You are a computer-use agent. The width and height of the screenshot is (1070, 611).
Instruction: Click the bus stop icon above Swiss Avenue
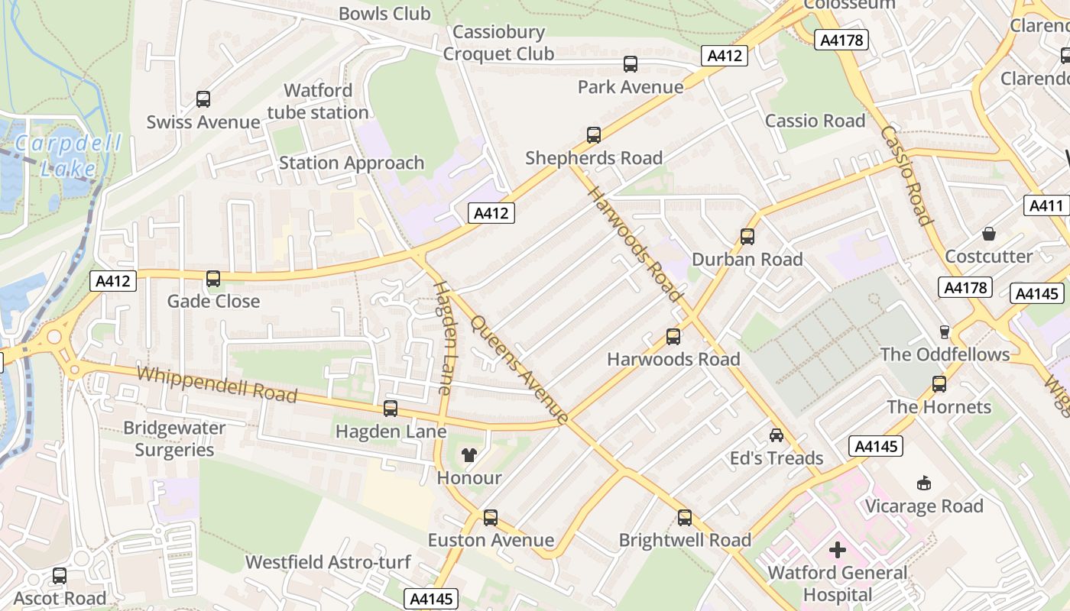(x=203, y=99)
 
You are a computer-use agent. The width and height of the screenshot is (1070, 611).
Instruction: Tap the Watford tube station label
(x=318, y=102)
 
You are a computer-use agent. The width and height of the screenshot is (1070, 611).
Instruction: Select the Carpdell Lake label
(x=57, y=156)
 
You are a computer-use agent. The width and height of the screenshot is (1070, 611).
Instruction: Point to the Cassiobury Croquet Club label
(x=498, y=43)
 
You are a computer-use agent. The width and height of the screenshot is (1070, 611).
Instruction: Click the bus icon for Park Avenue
(x=631, y=64)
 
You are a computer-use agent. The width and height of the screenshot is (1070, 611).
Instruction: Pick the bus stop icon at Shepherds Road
(x=594, y=135)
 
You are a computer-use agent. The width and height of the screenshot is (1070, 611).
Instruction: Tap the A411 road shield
(x=1046, y=205)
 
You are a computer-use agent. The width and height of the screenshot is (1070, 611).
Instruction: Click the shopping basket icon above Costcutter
(x=989, y=233)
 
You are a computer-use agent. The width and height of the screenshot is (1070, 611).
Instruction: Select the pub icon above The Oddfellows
(x=945, y=331)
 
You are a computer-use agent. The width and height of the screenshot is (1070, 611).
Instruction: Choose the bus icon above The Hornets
(x=939, y=383)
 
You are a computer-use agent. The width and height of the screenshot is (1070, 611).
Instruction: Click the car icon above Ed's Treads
(x=777, y=435)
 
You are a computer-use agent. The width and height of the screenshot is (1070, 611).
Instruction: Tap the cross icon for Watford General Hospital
(x=838, y=549)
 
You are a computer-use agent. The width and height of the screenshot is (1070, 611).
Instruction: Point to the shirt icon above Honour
(x=469, y=455)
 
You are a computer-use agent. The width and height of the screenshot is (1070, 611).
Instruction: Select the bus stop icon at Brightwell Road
(x=685, y=517)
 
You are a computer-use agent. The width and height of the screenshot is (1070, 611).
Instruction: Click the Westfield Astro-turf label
(x=328, y=562)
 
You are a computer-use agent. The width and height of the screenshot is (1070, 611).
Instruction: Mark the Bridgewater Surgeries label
(x=174, y=438)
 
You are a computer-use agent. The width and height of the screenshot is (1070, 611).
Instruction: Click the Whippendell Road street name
(x=217, y=384)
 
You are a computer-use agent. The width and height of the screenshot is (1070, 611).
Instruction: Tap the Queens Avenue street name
(x=520, y=370)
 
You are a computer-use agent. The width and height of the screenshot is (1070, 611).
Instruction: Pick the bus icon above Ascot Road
(x=60, y=575)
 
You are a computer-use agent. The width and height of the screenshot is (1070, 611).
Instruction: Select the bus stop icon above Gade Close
(x=213, y=279)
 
